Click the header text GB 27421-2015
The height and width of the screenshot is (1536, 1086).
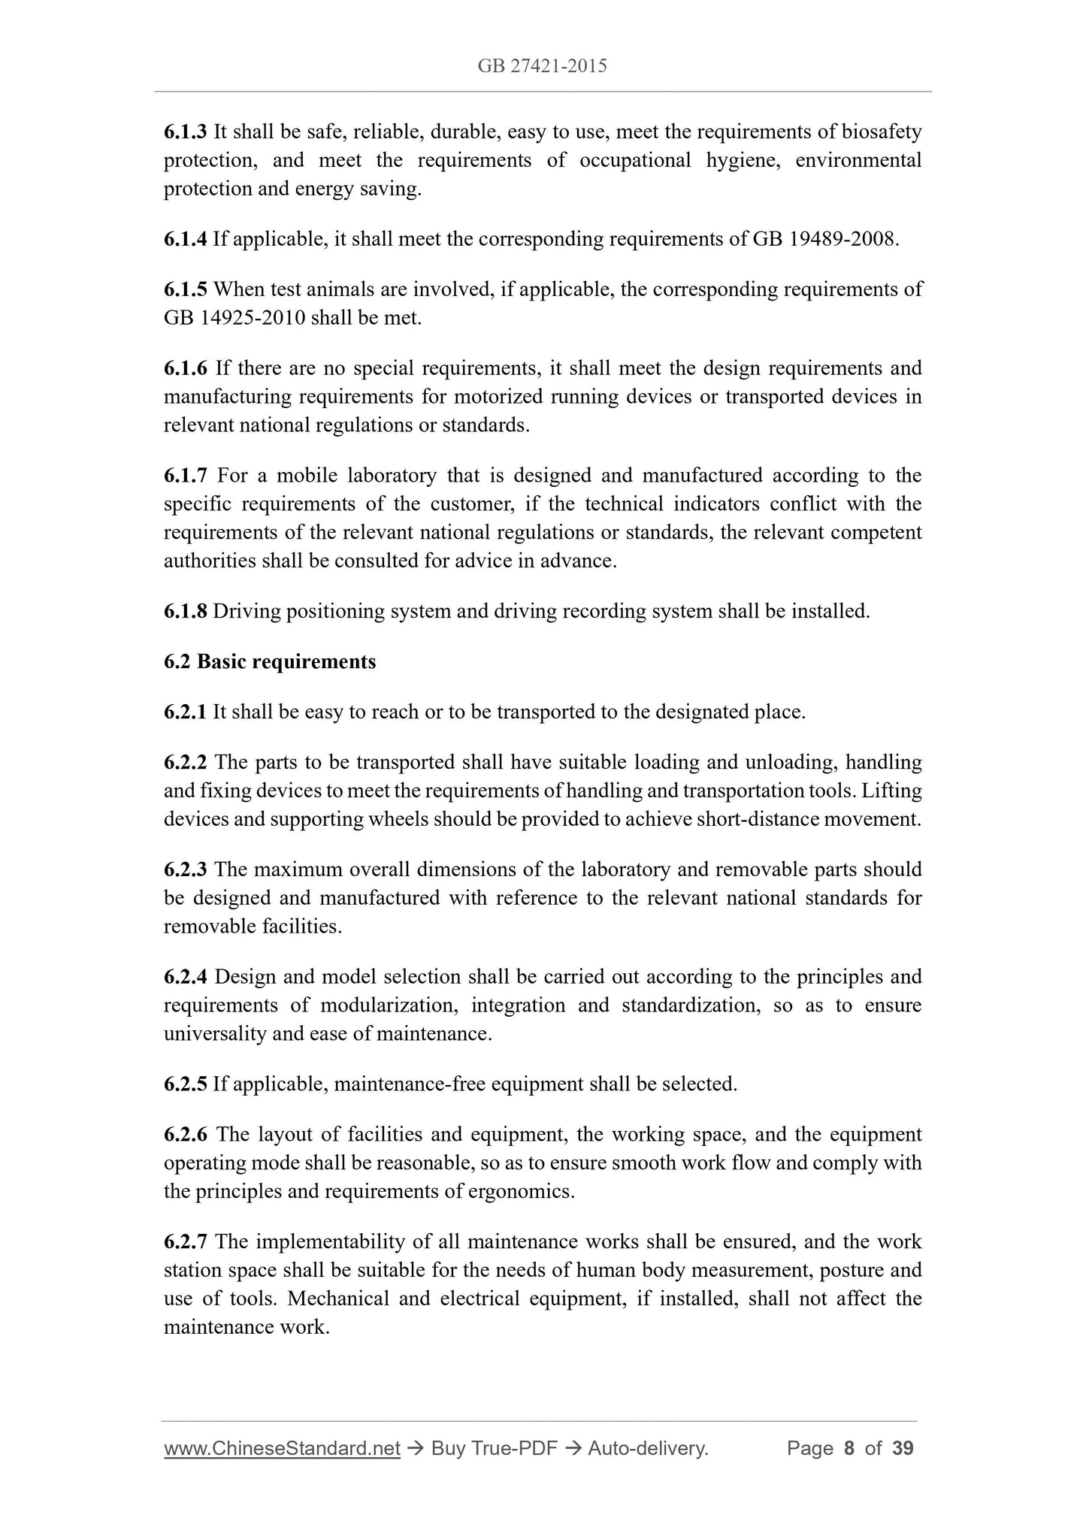click(542, 66)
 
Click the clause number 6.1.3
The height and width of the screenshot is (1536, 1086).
click(185, 132)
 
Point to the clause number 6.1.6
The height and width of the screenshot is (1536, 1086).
click(185, 368)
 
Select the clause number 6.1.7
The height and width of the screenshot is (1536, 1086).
click(185, 476)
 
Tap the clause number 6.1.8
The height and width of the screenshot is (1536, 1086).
click(185, 612)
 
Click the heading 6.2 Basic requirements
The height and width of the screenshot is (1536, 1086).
click(270, 662)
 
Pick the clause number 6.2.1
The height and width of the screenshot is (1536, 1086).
click(185, 712)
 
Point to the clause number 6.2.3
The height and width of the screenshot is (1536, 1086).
click(185, 870)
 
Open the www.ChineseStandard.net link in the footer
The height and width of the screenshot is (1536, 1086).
click(282, 1449)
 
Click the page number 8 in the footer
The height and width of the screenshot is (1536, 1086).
click(849, 1449)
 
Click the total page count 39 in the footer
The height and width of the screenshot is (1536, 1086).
click(903, 1449)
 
